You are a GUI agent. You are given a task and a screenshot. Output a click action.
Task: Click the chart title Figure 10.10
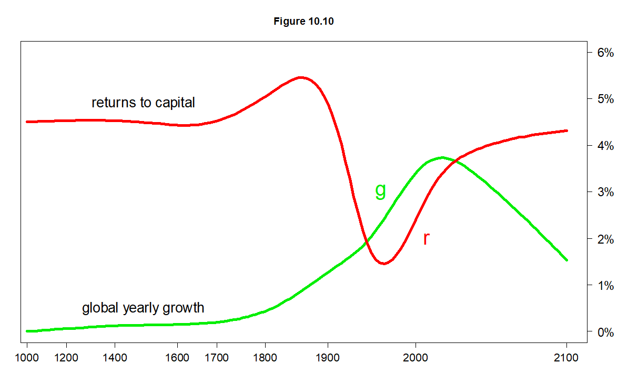pos(303,22)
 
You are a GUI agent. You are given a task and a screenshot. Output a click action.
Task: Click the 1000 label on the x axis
pos(27,358)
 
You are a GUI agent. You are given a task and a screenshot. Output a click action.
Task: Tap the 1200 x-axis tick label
pos(66,358)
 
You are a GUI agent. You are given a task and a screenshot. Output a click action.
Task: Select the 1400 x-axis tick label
pos(115,358)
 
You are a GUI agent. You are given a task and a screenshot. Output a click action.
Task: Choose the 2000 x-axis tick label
pos(416,358)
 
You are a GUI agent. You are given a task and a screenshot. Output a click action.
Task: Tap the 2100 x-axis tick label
pos(566,358)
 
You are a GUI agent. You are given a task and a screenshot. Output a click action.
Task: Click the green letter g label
pos(380,190)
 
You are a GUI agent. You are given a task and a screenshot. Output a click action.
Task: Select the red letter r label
pos(426,238)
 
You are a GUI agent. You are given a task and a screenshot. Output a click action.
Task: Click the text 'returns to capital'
pos(143,102)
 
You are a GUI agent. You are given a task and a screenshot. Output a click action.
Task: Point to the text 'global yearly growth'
pos(143,308)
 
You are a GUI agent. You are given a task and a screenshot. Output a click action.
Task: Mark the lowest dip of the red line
pos(383,263)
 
